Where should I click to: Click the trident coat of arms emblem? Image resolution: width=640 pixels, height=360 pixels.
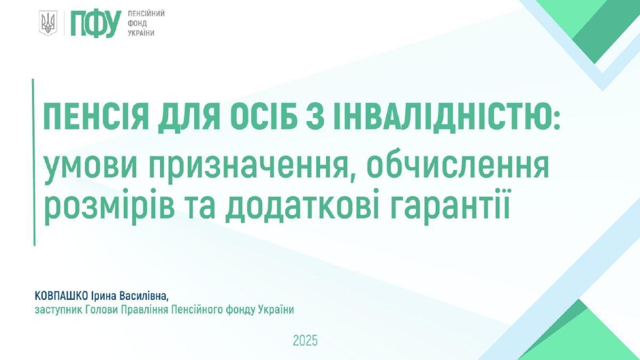click(x=47, y=23)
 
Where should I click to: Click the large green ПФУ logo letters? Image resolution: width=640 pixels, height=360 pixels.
click(x=95, y=24)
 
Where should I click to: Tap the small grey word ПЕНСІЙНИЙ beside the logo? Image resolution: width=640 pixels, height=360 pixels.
click(x=146, y=14)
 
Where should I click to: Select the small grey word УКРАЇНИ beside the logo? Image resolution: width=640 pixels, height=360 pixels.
click(x=141, y=33)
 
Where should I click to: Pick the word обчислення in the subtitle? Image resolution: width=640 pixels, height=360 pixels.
click(x=458, y=164)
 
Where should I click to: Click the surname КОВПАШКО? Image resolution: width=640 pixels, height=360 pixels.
click(x=61, y=295)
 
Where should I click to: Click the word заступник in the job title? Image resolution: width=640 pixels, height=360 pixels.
click(x=59, y=310)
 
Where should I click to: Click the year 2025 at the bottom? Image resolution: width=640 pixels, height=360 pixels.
click(x=305, y=341)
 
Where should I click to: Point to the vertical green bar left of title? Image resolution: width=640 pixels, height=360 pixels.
click(x=34, y=162)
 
